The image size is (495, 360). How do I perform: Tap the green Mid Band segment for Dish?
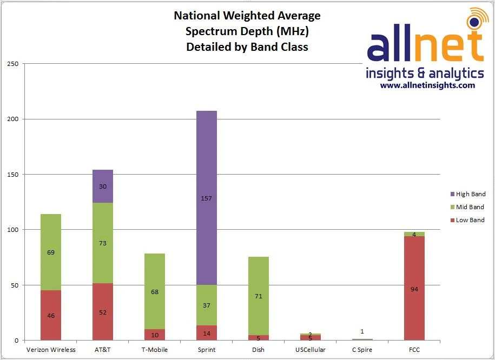point(259,281)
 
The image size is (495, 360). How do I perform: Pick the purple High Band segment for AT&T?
point(103,178)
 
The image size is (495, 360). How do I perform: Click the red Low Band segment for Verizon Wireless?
point(51,324)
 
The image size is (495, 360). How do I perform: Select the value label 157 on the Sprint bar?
point(207,198)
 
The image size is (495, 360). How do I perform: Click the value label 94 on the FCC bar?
point(414,289)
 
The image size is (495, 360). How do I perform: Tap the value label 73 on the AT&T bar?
point(103,243)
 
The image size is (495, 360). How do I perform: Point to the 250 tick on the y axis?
point(12,64)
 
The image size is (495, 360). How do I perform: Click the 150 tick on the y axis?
point(12,175)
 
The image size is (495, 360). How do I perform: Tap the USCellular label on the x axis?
point(310,350)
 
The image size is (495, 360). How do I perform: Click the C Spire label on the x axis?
point(362,350)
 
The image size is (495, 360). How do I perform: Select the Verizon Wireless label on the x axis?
point(51,350)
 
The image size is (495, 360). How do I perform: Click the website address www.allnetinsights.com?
point(427,85)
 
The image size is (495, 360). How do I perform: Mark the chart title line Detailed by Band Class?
point(247,47)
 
